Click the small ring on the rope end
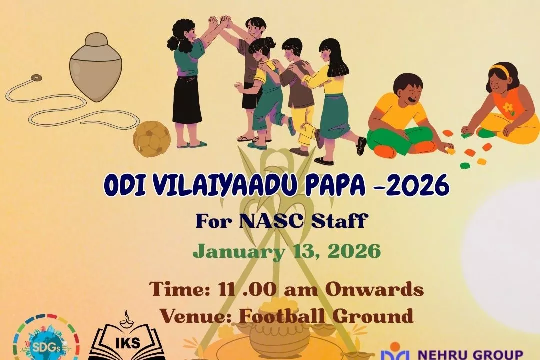35,77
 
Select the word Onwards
374,289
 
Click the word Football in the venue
280,315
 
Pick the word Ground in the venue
372,316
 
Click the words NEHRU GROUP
470,355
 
